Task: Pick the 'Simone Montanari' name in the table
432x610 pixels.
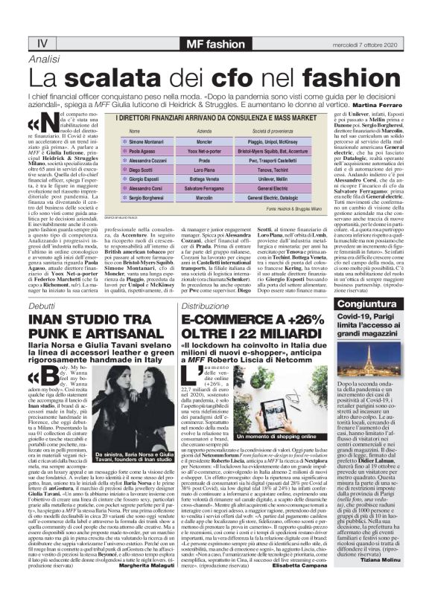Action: tap(127, 141)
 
